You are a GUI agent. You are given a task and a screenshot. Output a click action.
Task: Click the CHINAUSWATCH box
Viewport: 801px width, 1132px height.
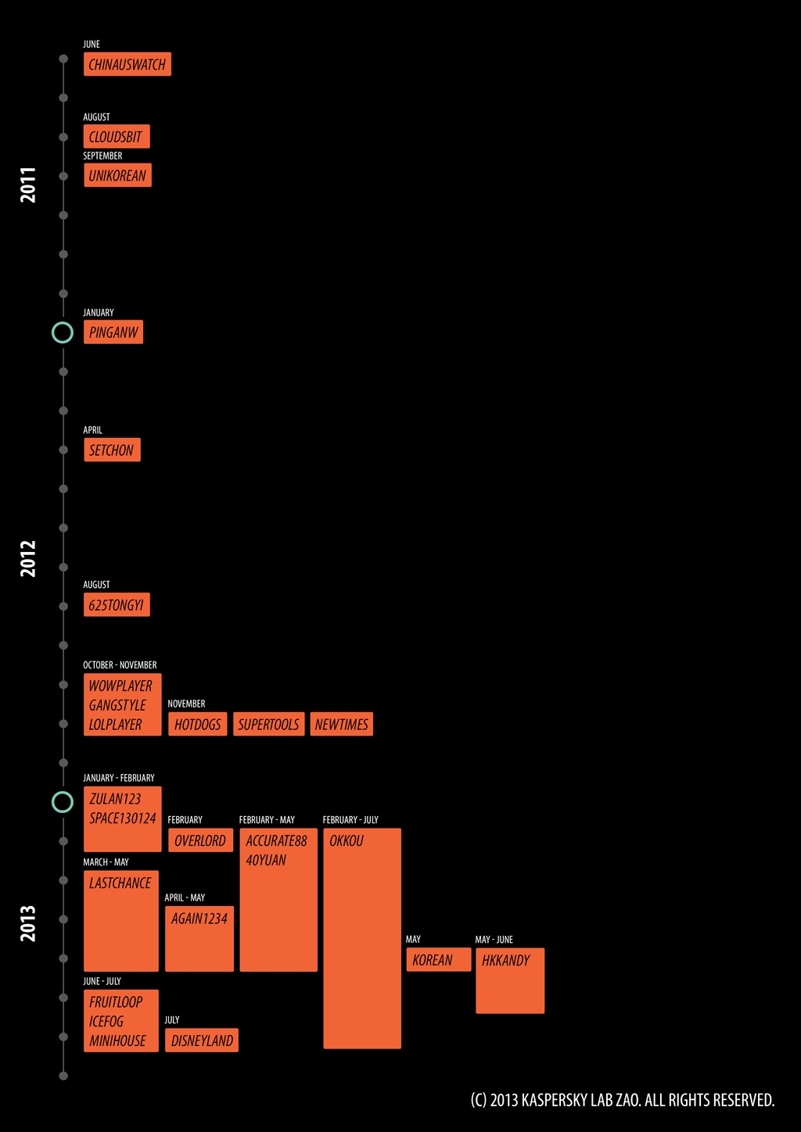tap(127, 64)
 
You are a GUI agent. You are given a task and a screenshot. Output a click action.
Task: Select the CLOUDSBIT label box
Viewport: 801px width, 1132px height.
tap(116, 137)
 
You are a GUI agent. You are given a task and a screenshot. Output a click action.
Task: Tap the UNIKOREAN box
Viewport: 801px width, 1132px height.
tap(117, 176)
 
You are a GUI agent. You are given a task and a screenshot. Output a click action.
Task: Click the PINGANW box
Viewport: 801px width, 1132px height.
tap(113, 332)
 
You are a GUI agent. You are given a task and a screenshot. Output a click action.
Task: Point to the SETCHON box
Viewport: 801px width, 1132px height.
tap(112, 450)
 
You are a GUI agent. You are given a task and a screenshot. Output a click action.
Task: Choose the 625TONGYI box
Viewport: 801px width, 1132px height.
tap(117, 605)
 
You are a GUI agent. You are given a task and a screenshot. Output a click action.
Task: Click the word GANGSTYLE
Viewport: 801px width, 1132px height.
tap(117, 705)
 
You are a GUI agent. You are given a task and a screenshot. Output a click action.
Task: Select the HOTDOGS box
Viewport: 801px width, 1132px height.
tap(198, 725)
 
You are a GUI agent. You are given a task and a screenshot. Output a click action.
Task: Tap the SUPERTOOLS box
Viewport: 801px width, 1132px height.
tap(268, 725)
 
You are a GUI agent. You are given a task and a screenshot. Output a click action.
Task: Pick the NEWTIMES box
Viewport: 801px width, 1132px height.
tap(342, 725)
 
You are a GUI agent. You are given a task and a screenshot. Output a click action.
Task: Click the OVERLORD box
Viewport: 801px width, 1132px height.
tap(200, 840)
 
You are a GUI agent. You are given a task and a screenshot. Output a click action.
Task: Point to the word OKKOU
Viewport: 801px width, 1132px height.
tap(347, 841)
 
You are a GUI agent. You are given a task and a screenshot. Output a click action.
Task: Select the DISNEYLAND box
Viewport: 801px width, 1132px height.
tap(202, 1041)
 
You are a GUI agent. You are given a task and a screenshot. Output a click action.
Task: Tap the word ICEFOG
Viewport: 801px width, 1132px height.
tap(106, 1022)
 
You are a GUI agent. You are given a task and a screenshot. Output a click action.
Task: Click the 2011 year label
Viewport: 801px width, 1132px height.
tap(28, 184)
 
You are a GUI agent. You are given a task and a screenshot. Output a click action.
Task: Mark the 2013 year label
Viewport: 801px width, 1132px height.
tap(28, 923)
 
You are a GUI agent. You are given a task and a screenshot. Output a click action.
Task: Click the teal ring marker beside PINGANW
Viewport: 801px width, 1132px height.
tap(63, 332)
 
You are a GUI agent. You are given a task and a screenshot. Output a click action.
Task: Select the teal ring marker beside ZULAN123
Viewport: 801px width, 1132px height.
tap(63, 801)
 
